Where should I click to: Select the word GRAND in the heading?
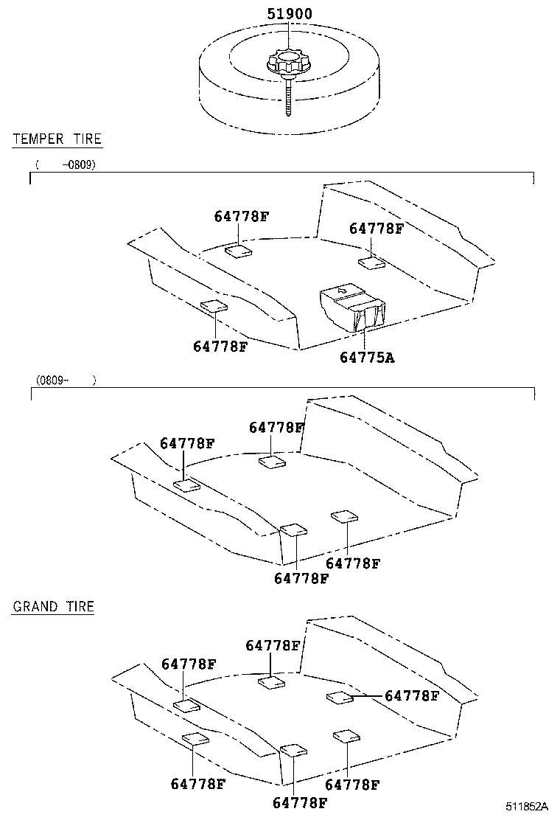(35, 607)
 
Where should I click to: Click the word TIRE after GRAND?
(79, 607)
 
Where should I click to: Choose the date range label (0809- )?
(66, 380)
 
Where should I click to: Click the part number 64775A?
(367, 358)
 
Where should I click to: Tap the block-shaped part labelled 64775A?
(352, 307)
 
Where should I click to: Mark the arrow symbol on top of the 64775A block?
(340, 292)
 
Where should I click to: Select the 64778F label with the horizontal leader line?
(412, 695)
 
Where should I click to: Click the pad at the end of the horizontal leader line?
(339, 697)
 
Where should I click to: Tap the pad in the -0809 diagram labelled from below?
(214, 306)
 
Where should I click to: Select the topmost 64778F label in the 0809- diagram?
(276, 427)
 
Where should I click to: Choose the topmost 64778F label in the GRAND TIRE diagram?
(273, 645)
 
